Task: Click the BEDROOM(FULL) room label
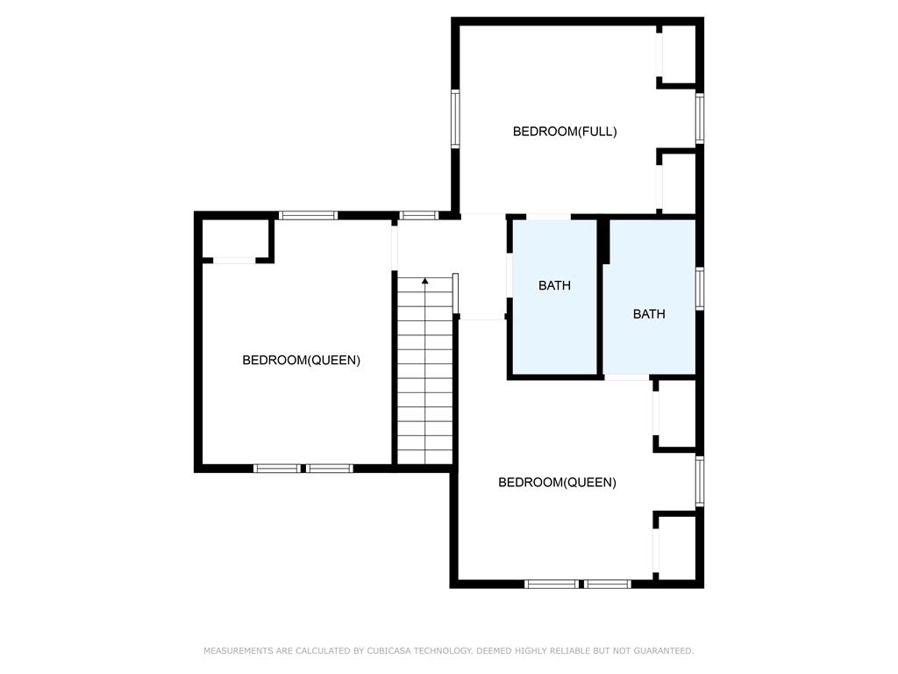[565, 132]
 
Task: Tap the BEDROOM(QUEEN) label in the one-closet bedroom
[302, 360]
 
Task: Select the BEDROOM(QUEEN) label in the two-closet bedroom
[557, 483]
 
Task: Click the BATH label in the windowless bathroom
[554, 285]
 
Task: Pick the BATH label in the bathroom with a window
[649, 314]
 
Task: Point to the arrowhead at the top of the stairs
[425, 281]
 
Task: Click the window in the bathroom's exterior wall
[700, 289]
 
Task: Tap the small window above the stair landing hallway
[418, 216]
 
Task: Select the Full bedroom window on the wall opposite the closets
[455, 118]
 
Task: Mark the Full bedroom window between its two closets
[700, 118]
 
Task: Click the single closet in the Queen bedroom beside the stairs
[235, 239]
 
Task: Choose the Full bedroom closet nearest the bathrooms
[679, 183]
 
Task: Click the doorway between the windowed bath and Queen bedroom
[627, 377]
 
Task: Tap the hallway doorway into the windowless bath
[510, 275]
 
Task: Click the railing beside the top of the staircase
[456, 293]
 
